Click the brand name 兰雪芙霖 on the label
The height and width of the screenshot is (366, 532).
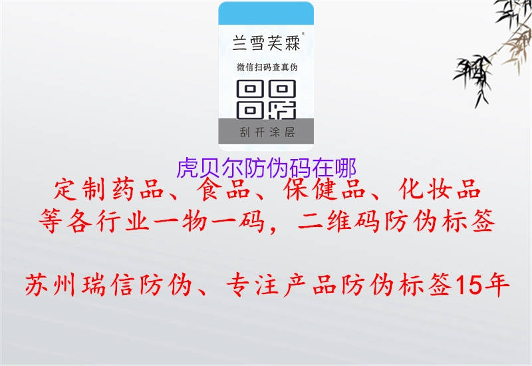click(x=265, y=45)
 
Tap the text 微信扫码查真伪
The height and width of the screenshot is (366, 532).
click(x=266, y=67)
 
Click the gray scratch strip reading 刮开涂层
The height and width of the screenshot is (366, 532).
click(x=266, y=132)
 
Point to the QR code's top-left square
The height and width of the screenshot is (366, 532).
click(x=249, y=89)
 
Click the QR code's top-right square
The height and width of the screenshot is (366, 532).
click(x=284, y=89)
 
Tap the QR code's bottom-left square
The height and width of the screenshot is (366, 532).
click(x=249, y=108)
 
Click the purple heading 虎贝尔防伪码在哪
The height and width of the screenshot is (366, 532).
click(x=266, y=168)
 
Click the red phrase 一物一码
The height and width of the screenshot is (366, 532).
click(x=223, y=223)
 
